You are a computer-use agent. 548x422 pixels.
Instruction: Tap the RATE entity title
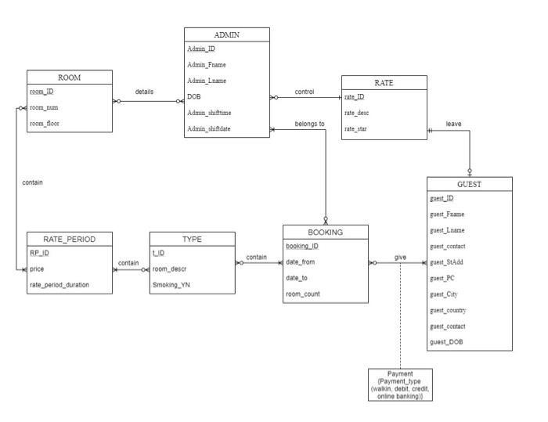point(384,82)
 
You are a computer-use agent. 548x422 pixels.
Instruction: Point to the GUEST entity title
point(470,184)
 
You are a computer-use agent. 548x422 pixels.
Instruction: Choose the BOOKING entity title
point(324,232)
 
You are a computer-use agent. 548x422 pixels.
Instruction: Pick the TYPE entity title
point(192,238)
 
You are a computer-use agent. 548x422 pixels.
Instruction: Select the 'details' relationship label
point(144,92)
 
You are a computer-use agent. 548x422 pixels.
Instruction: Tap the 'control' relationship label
point(304,92)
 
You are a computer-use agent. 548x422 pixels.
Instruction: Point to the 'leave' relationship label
point(453,123)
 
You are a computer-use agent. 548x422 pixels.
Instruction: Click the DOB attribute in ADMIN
point(195,98)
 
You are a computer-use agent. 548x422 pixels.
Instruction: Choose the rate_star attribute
point(358,129)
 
